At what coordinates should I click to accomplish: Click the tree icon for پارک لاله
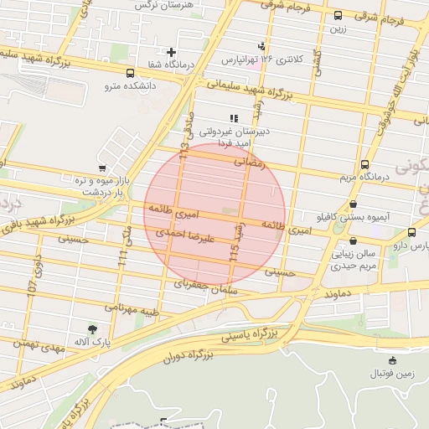click(x=92, y=329)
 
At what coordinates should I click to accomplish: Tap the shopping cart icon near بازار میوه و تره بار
click(x=102, y=168)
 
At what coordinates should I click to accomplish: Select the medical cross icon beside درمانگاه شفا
click(x=171, y=53)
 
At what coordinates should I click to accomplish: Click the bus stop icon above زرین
click(x=338, y=15)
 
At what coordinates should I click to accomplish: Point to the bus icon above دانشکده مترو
click(x=129, y=73)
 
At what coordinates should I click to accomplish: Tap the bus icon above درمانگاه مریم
click(x=364, y=164)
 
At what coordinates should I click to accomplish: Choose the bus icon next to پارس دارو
click(x=411, y=233)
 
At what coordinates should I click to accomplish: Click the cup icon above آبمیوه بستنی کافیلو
click(x=353, y=204)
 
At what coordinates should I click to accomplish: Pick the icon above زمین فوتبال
click(x=392, y=360)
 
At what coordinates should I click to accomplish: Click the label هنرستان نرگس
click(x=168, y=5)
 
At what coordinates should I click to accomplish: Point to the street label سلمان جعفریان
click(x=206, y=286)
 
